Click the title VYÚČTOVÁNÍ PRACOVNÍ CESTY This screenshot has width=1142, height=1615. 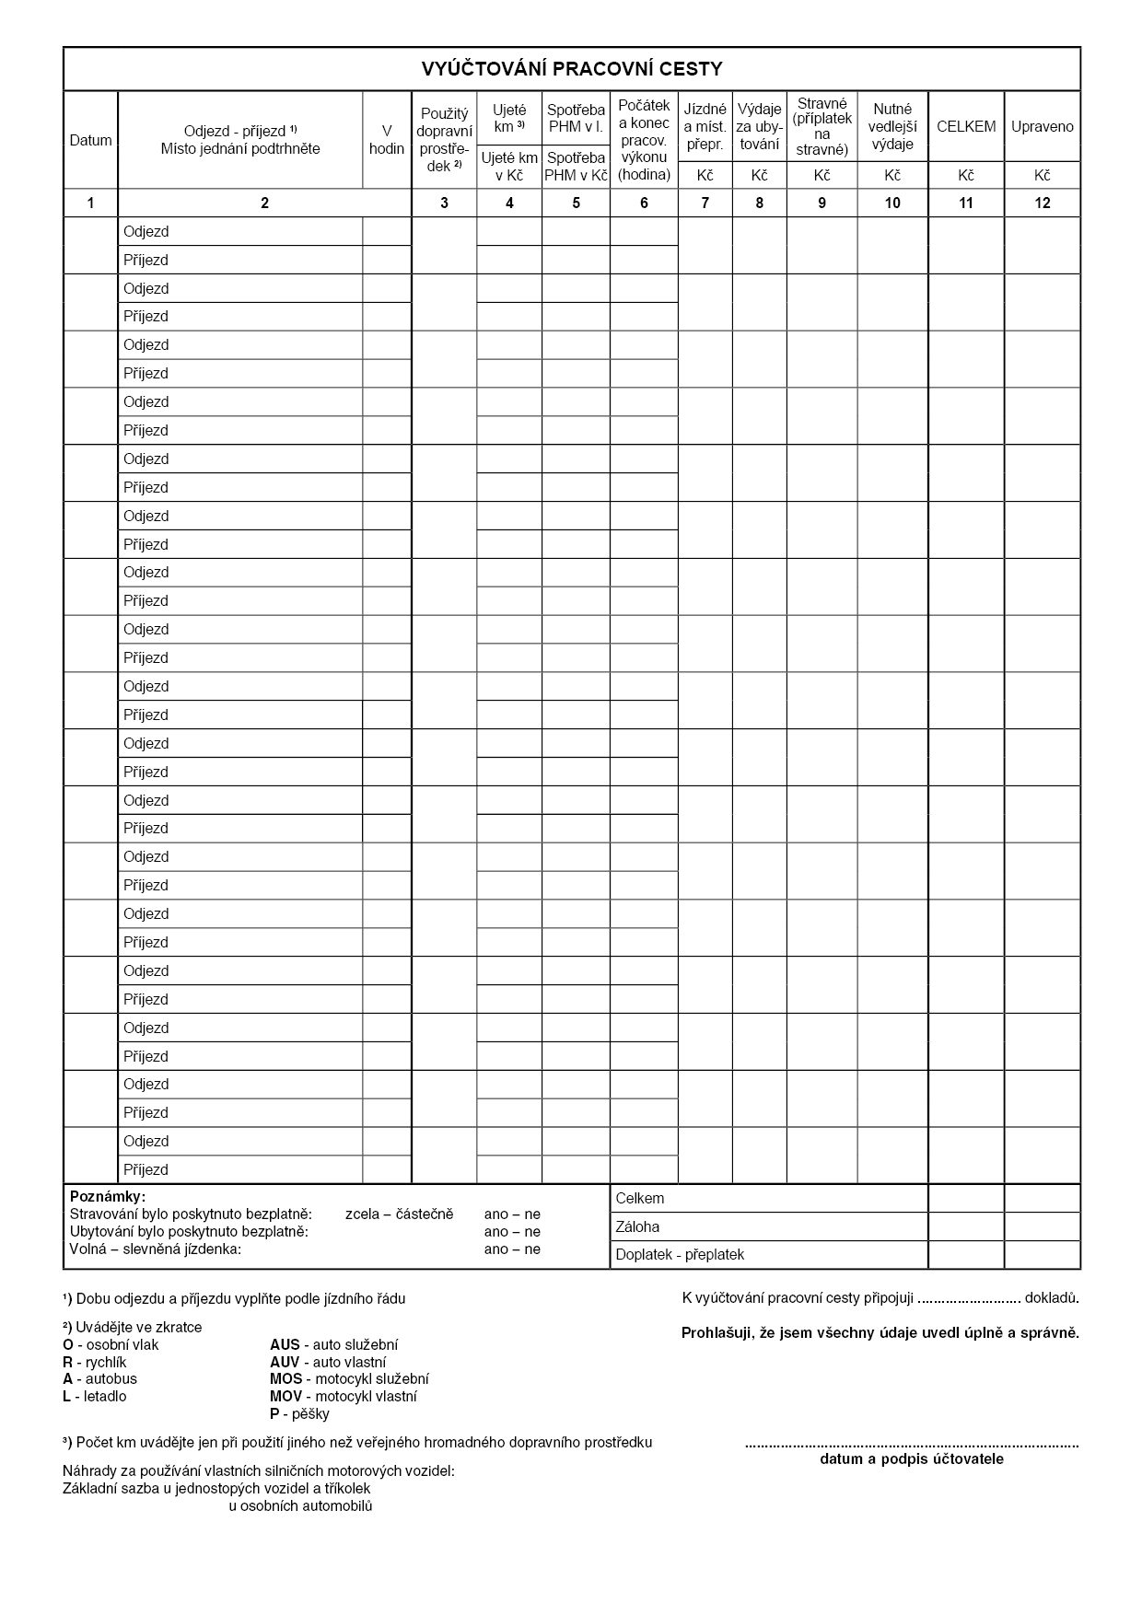click(571, 69)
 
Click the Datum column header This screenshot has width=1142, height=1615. click(90, 141)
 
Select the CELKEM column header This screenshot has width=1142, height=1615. click(965, 127)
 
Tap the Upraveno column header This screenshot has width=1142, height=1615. click(1042, 127)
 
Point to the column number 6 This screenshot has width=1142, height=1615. click(644, 203)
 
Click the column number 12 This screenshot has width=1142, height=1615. click(1042, 203)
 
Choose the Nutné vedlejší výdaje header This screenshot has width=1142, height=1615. click(892, 127)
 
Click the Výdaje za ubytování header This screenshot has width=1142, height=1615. click(759, 127)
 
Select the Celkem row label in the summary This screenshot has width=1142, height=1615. click(639, 1199)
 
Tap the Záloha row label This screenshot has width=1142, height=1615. click(637, 1226)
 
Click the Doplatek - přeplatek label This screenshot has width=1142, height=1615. click(680, 1255)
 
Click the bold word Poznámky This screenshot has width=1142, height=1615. click(107, 1196)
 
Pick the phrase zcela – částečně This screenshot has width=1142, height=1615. click(399, 1214)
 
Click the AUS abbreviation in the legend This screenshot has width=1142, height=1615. click(285, 1345)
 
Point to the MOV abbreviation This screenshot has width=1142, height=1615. click(285, 1397)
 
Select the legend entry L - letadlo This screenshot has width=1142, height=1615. click(95, 1397)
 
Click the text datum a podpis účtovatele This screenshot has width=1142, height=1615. click(911, 1459)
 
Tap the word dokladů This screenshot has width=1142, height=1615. click(1052, 1298)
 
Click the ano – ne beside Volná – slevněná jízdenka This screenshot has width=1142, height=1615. click(512, 1249)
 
